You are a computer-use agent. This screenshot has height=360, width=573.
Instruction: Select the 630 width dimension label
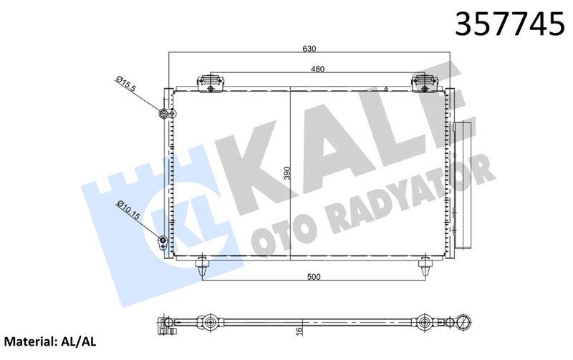point(309,49)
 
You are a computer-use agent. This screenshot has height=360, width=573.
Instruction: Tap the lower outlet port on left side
point(163,241)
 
